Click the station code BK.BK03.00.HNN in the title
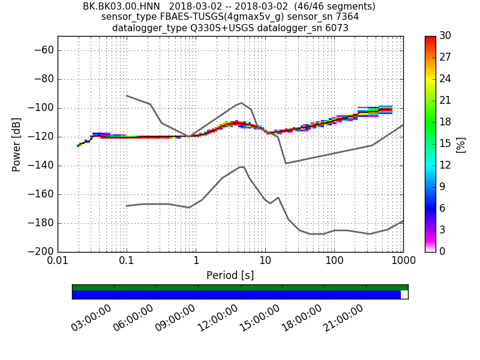pos(121,7)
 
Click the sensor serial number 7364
pos(347,17)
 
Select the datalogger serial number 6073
pos(336,28)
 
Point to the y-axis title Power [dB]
pos(17,144)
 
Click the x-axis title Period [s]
pos(230,275)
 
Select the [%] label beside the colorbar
pos(461,144)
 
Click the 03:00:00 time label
pos(92,318)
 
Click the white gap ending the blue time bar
pos(404,295)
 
